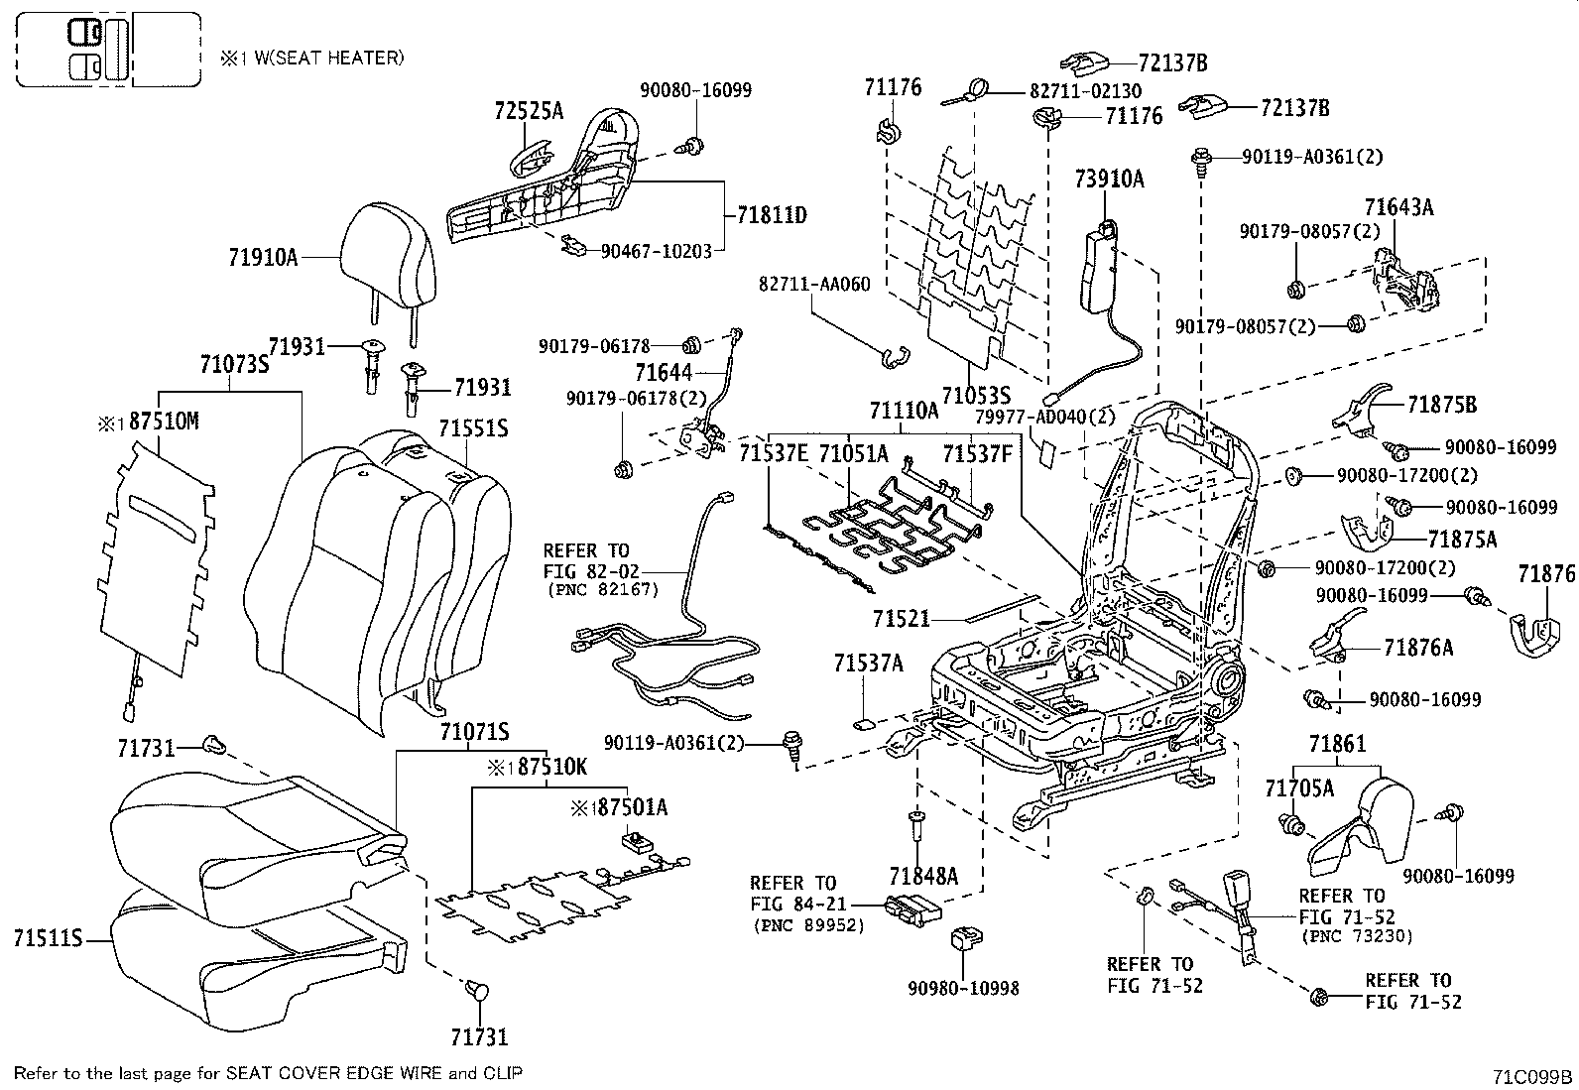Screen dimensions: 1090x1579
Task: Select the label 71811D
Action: tap(772, 214)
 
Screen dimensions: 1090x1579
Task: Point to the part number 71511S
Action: tap(48, 937)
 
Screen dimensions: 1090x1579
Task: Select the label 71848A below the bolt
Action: tap(923, 876)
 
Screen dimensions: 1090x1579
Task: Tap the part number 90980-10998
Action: tap(963, 988)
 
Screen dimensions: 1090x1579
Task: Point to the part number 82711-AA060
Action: tap(814, 285)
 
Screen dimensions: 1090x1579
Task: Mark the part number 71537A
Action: tap(868, 664)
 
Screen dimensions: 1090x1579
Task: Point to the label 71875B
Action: tap(1442, 405)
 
